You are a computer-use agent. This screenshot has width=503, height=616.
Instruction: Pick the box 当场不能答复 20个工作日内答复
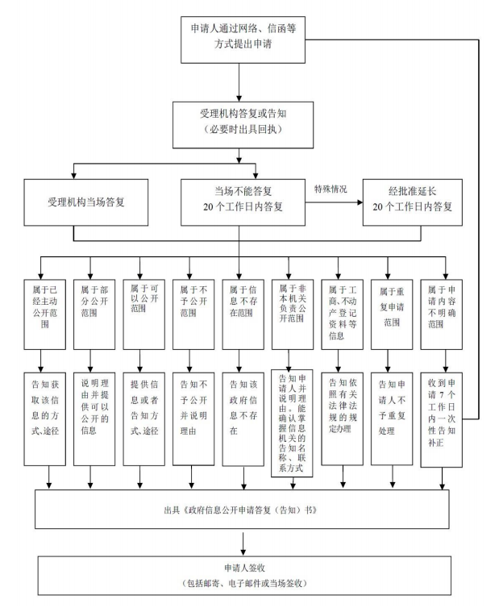(243, 202)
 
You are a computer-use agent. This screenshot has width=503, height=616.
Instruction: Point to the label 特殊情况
(330, 189)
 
